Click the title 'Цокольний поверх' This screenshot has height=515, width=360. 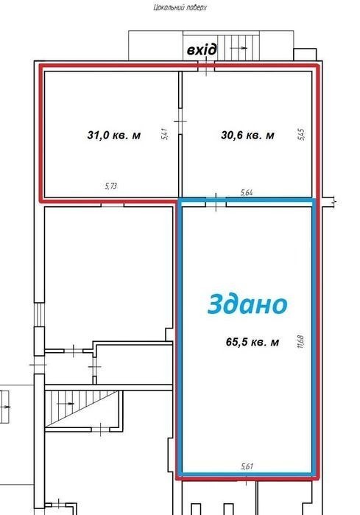coord(180,7)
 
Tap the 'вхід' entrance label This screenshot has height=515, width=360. coord(202,49)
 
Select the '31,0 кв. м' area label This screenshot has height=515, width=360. coord(114,135)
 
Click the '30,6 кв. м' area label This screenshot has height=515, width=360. coord(248,135)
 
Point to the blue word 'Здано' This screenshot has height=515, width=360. coord(247,304)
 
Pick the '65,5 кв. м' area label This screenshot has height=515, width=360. coord(253,342)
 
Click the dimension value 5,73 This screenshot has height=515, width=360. coord(111,186)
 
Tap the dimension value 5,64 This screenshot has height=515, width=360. coord(247,192)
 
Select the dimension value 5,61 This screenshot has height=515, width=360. coord(247,466)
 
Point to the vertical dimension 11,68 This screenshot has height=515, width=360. coord(300,342)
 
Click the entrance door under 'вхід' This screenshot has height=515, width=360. coord(206,66)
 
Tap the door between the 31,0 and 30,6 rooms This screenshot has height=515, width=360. coord(180,121)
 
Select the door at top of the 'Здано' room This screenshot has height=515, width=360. coord(216,203)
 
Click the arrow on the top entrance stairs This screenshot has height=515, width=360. coord(239,48)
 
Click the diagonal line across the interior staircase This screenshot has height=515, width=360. coord(82,409)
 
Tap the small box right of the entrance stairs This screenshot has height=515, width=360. coord(305,55)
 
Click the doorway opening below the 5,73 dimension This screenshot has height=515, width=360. coord(112,206)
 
